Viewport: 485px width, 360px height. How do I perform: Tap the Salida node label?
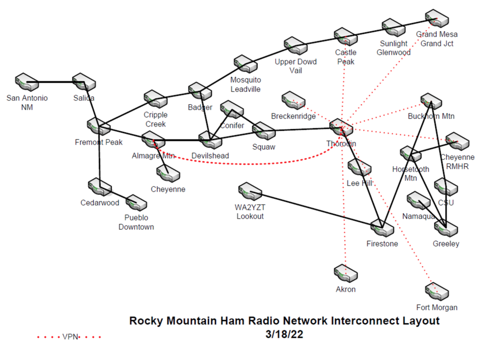click(x=84, y=98)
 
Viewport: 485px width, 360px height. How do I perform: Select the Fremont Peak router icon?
click(x=99, y=126)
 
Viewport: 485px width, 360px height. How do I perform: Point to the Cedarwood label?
click(x=99, y=203)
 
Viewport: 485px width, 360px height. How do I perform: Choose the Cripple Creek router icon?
click(x=156, y=99)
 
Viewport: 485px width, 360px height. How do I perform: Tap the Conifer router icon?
click(x=232, y=109)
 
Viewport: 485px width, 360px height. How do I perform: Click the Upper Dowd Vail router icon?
click(x=296, y=46)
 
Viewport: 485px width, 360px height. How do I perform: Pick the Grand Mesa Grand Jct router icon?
click(x=437, y=18)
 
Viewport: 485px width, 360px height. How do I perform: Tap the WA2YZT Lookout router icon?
click(x=250, y=191)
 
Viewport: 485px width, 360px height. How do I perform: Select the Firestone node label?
click(x=382, y=243)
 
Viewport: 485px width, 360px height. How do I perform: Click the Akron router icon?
click(x=346, y=273)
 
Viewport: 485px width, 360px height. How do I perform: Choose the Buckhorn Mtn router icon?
click(x=431, y=101)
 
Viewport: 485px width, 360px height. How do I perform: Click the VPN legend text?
click(x=70, y=337)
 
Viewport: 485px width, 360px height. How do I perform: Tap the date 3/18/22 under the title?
click(x=284, y=334)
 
